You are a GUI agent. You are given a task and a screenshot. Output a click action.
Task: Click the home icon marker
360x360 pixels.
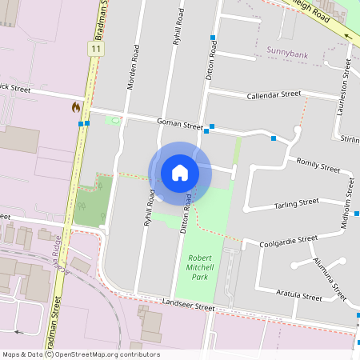tap(179, 173)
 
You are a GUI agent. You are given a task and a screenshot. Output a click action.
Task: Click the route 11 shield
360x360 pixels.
tap(97, 50)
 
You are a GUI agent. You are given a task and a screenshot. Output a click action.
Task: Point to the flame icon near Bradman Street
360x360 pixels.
tap(76, 106)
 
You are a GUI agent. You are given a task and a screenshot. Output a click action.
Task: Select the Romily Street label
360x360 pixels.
tap(318, 166)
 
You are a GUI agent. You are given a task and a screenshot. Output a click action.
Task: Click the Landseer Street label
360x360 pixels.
tap(188, 306)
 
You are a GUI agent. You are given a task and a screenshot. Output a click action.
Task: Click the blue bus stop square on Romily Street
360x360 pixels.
tap(274, 139)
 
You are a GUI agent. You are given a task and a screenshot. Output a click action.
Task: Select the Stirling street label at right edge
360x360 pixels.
tap(350, 139)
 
